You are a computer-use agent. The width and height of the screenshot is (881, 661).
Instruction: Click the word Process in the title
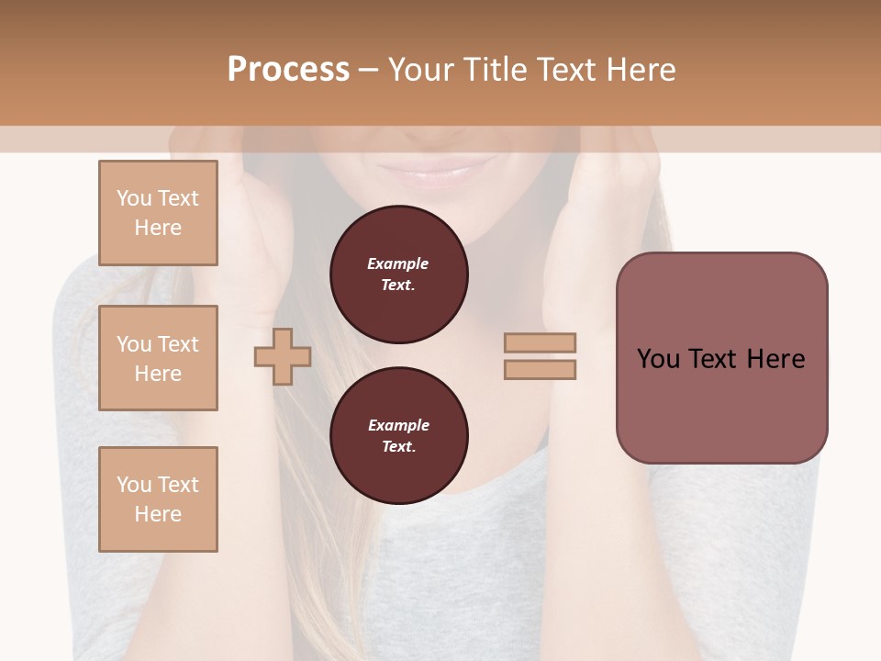click(288, 70)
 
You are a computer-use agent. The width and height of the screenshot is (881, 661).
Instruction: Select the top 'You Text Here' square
click(158, 213)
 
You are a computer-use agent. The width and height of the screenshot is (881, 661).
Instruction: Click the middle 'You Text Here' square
click(158, 358)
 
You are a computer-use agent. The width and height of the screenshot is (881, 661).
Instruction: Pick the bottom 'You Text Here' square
click(158, 499)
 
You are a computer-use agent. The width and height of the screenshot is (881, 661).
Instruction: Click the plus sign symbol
click(282, 356)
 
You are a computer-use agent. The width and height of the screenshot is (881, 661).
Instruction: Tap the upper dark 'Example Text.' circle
click(398, 274)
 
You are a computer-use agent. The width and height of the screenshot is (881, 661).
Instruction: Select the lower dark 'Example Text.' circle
click(398, 435)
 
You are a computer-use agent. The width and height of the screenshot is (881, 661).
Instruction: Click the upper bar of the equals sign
click(540, 343)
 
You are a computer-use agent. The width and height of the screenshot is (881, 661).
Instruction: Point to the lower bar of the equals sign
click(540, 369)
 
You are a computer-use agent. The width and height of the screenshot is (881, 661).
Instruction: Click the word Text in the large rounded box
click(713, 359)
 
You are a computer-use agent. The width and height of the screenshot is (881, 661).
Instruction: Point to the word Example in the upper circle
click(397, 263)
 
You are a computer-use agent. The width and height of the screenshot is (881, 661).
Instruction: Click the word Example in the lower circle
click(398, 425)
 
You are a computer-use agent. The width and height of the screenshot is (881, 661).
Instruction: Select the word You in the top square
click(134, 198)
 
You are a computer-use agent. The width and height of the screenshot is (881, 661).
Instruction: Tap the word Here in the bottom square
click(158, 514)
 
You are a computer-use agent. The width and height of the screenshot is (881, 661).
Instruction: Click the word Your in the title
click(421, 70)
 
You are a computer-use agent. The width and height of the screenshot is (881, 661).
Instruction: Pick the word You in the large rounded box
click(659, 359)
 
